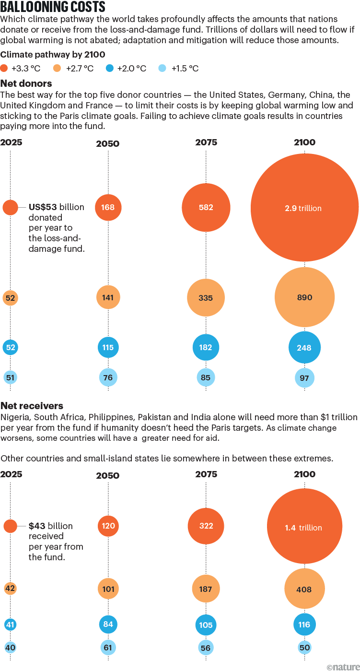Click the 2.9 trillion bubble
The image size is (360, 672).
304,208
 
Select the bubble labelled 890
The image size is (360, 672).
304,297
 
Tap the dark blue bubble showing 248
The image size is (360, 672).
304,348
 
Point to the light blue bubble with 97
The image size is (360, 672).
304,378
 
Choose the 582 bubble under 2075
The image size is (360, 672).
206,208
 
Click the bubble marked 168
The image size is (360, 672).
108,208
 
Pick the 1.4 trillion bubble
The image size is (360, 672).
304,526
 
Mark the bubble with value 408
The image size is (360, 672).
304,589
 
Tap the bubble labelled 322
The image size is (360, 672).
206,526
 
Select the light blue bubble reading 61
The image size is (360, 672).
108,648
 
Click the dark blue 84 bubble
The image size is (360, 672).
108,624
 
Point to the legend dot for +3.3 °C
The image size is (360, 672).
4,68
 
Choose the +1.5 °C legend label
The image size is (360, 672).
185,69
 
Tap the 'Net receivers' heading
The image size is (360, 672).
32,406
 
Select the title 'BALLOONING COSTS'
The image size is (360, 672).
53,8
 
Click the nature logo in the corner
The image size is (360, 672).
343,667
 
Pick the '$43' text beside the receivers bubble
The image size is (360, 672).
37,526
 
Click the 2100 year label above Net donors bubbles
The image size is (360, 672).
304,142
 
